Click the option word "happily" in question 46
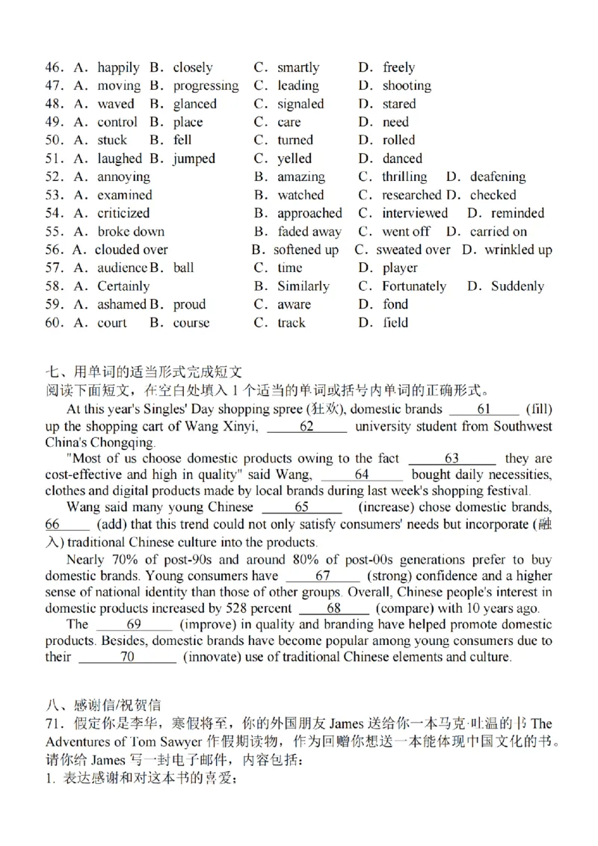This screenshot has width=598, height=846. [x=118, y=68]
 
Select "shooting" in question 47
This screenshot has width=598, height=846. [x=407, y=86]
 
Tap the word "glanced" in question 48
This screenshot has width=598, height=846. [x=195, y=105]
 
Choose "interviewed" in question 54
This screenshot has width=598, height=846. [x=415, y=214]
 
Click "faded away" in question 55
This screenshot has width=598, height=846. [x=309, y=232]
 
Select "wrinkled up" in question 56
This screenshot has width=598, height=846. [x=518, y=250]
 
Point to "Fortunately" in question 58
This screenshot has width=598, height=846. [x=414, y=287]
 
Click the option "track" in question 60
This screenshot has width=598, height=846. [x=292, y=324]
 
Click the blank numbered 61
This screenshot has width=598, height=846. [x=484, y=410]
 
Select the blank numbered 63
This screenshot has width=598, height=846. [x=451, y=459]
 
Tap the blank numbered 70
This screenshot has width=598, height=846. [x=127, y=658]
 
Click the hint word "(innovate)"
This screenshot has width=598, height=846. [x=213, y=658]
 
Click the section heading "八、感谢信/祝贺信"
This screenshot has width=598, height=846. [x=103, y=705]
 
